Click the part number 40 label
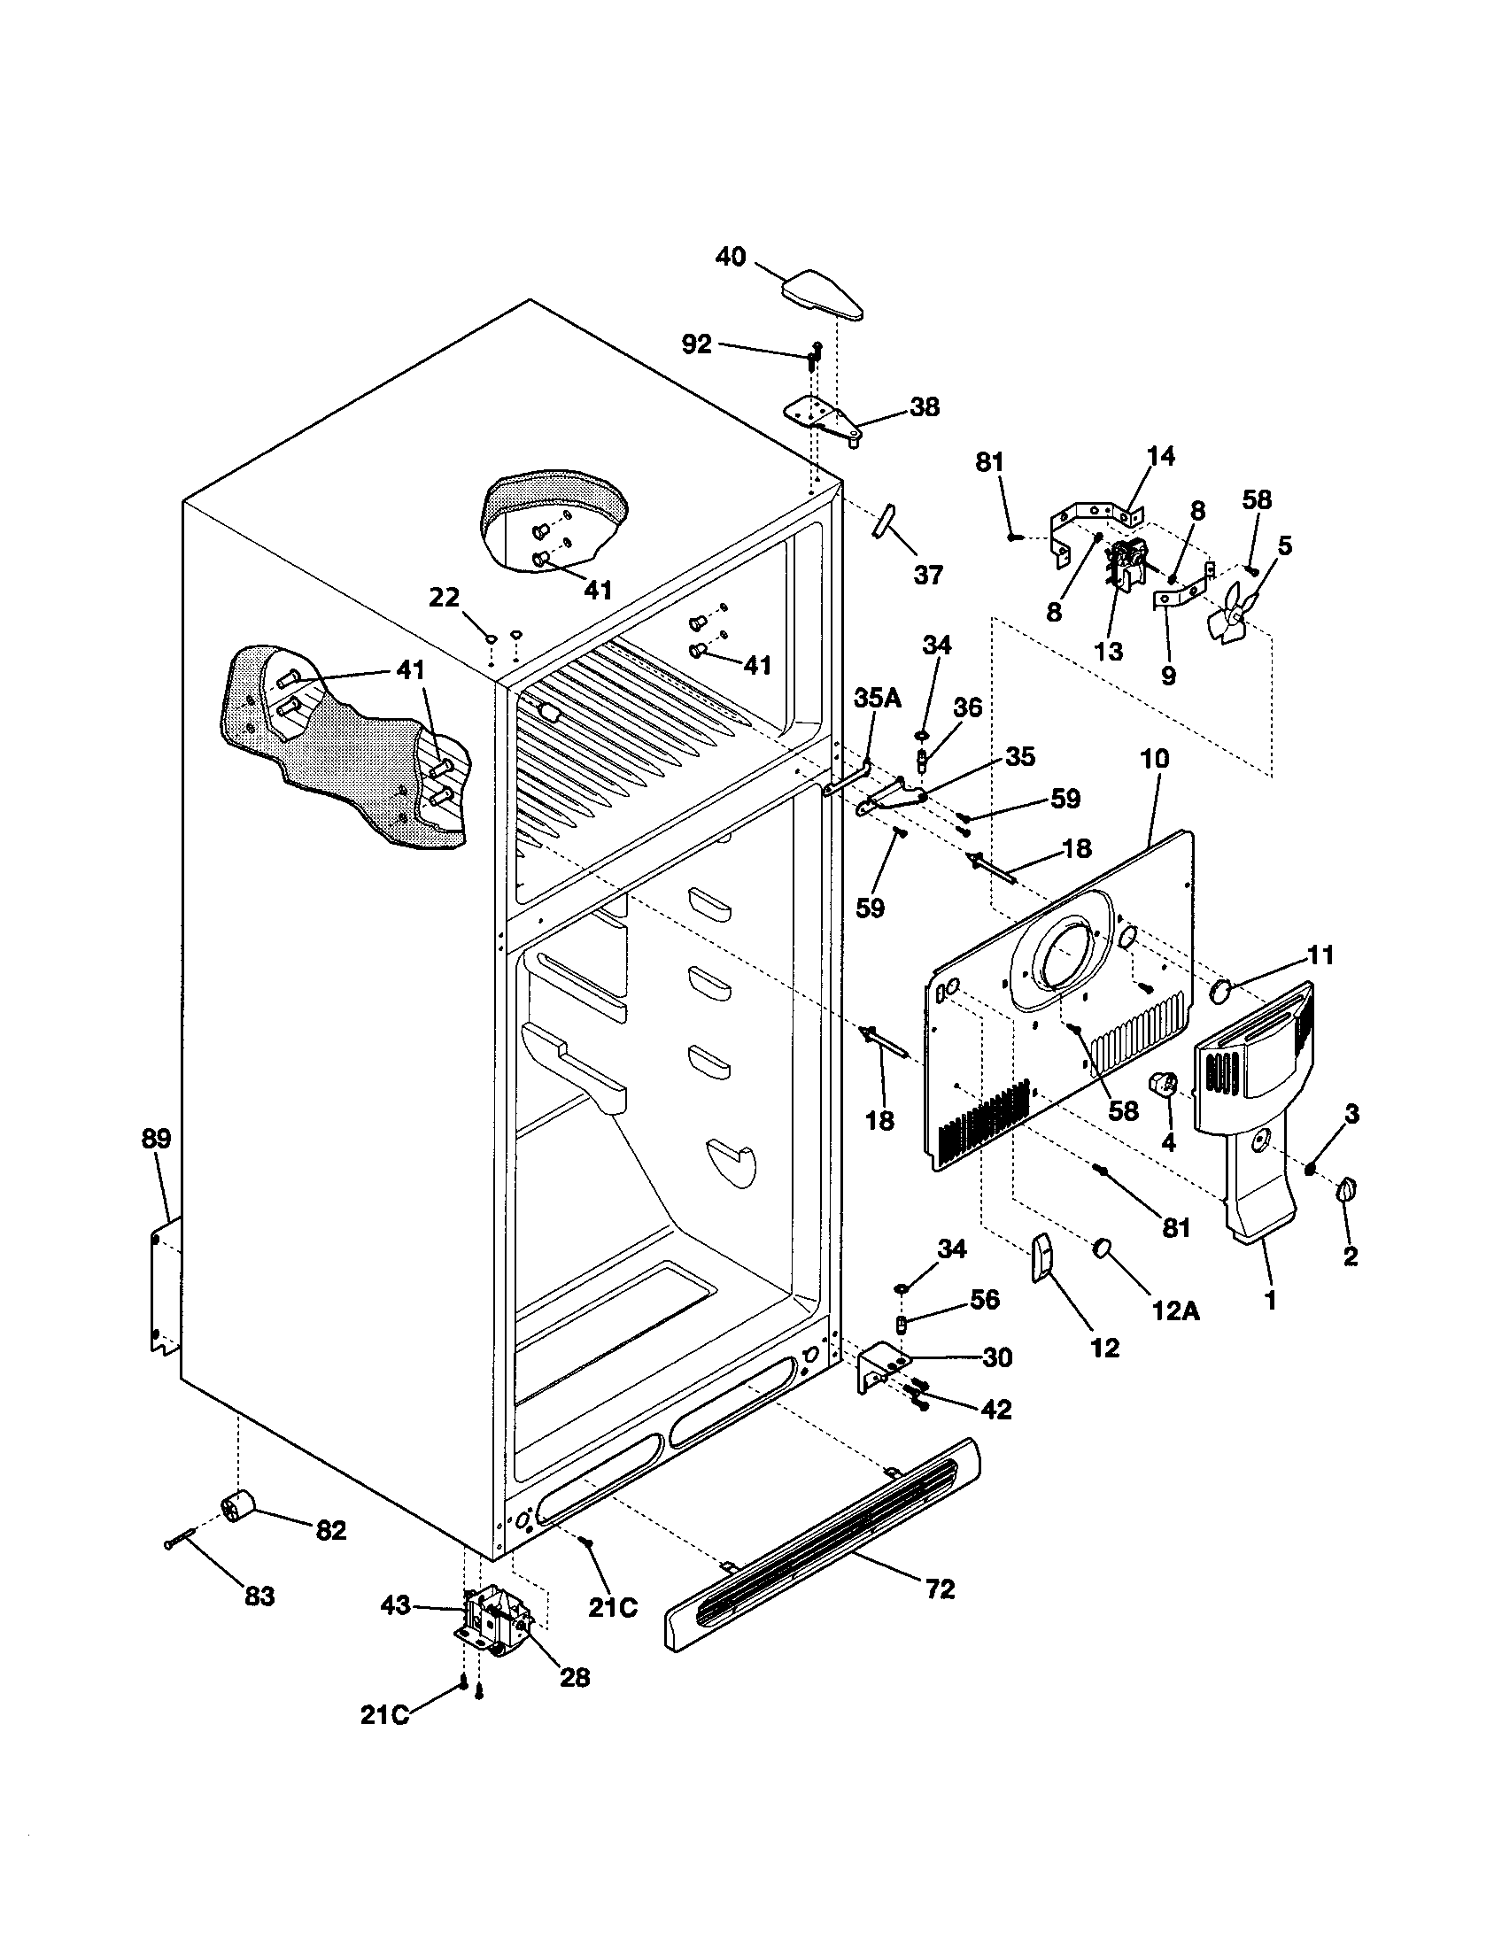point(731,257)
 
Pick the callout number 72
point(941,1589)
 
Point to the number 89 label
point(156,1138)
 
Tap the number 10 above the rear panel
point(1154,759)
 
